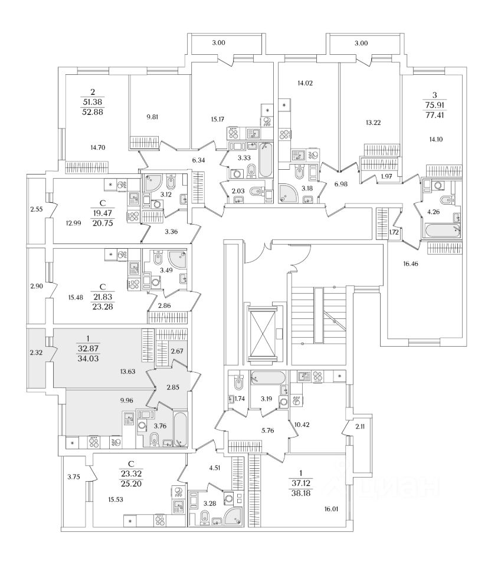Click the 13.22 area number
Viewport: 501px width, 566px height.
tap(372, 123)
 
